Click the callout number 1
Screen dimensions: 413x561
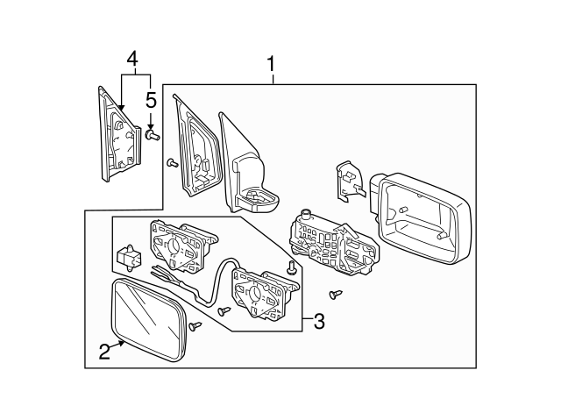(x=272, y=64)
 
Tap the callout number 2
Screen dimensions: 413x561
(x=104, y=352)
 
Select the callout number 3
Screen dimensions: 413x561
(x=318, y=322)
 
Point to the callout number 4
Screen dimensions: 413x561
(x=131, y=60)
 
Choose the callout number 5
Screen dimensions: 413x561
(x=151, y=99)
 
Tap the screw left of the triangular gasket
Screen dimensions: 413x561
(x=172, y=163)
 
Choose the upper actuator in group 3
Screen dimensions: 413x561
(x=182, y=246)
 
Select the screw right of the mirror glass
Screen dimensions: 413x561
(x=195, y=326)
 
